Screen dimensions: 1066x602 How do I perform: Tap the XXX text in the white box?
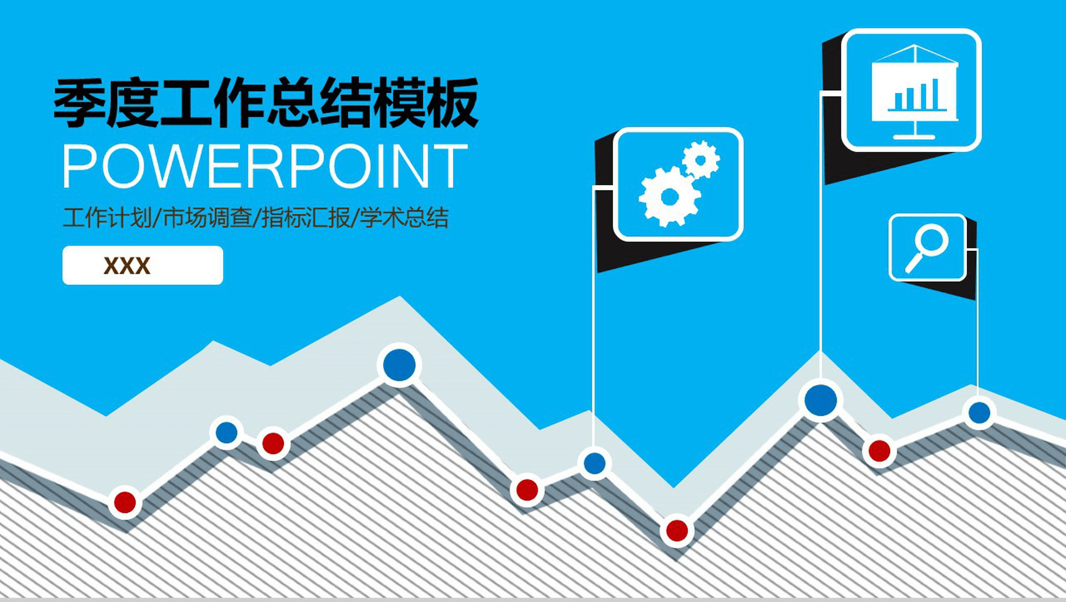(127, 266)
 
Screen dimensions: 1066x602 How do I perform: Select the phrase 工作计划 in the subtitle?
(107, 217)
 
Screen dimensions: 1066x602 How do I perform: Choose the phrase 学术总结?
(404, 217)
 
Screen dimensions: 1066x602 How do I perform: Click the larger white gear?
(669, 197)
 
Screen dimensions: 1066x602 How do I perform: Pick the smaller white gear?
(701, 160)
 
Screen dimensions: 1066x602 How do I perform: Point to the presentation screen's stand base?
(914, 136)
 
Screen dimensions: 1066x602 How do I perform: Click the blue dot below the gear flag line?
(594, 463)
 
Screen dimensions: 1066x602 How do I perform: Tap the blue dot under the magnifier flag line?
(979, 412)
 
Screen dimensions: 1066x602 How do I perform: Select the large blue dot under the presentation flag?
(821, 399)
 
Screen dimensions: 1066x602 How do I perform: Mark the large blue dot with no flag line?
(399, 365)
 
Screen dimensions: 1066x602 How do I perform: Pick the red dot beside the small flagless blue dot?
(273, 443)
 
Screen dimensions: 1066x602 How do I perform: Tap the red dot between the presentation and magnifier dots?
(879, 450)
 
